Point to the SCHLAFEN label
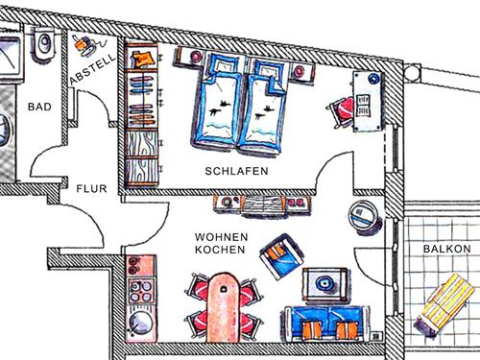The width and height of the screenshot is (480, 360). tap(236, 171)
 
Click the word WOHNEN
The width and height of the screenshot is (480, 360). tap(221, 236)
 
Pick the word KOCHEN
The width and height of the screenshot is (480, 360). tap(221, 250)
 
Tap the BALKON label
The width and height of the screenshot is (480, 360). tap(446, 249)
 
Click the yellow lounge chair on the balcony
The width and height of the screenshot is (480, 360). tap(444, 300)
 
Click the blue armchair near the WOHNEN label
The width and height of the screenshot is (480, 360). tap(278, 257)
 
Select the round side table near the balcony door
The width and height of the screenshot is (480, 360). tap(366, 217)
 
